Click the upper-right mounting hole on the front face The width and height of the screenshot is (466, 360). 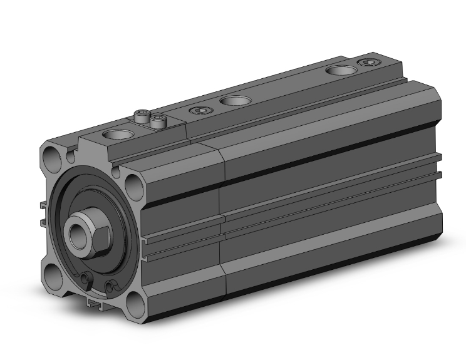(x=133, y=183)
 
